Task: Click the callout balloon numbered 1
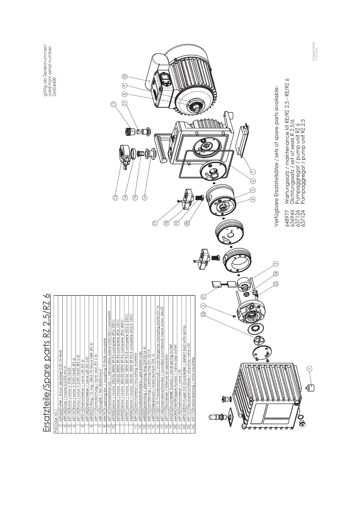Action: point(309,368)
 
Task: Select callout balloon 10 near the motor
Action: point(124,76)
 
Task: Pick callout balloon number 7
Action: point(253,172)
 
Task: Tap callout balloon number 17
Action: point(155,223)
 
